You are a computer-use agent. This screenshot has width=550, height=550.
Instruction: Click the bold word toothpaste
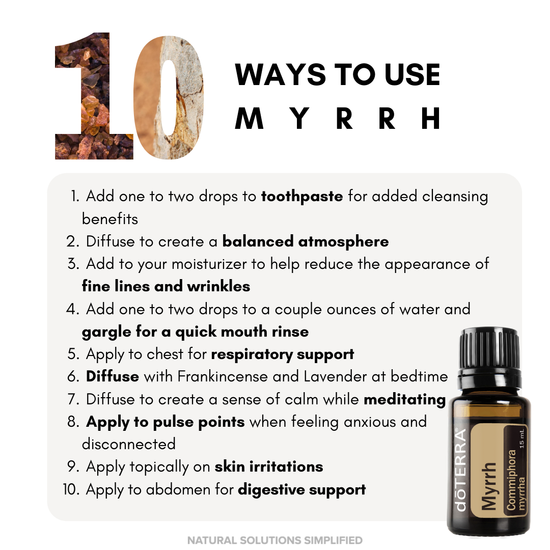302,197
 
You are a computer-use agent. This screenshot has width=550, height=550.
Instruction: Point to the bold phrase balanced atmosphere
306,241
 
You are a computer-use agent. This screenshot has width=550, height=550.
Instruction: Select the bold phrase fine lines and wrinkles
166,286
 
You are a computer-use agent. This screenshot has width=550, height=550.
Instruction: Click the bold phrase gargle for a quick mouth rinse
195,332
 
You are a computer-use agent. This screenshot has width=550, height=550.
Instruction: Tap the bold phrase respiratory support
283,354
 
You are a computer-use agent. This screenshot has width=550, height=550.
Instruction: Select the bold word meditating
405,400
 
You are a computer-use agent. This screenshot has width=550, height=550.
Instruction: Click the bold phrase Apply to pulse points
166,422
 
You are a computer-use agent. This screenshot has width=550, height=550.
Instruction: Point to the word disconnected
129,444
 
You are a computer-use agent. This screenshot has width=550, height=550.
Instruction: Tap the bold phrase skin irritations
269,466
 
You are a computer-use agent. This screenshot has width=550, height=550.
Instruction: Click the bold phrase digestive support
302,490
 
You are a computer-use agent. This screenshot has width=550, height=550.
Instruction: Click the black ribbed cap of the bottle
489,351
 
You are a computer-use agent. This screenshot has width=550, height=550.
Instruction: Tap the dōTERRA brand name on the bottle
460,471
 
